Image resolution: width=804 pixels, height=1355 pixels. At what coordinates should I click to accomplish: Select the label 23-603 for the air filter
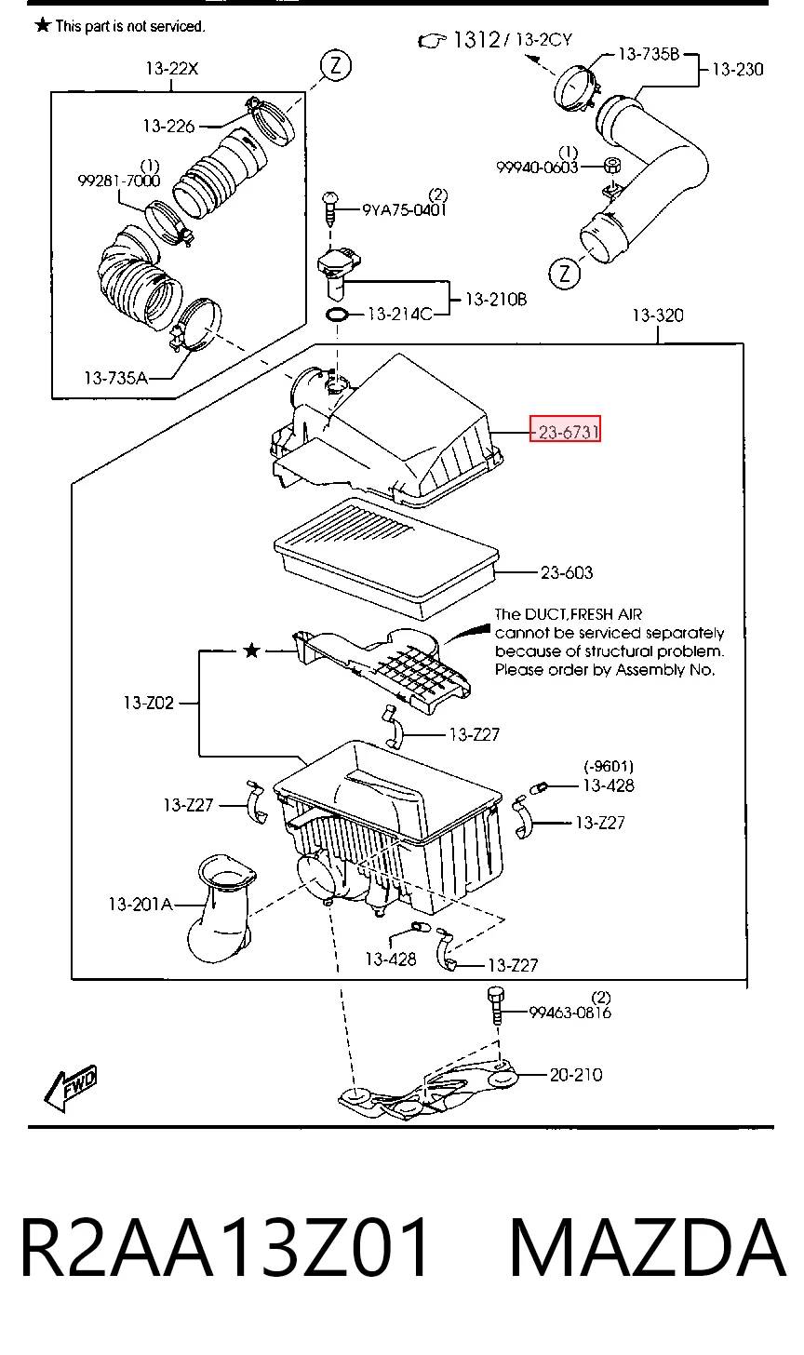pos(567,572)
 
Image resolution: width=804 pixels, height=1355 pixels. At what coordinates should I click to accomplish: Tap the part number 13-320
pos(658,315)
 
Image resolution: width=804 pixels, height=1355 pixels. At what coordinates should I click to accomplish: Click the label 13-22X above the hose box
pos(172,68)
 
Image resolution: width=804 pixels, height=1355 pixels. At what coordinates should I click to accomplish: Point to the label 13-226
pos(168,126)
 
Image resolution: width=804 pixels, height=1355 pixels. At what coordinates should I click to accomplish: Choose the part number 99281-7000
pos(118,181)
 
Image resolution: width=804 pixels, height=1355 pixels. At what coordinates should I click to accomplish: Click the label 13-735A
pos(115,378)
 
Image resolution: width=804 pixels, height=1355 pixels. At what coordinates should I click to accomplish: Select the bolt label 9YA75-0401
pos(404,209)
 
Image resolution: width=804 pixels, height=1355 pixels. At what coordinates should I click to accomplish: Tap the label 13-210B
pos(496,299)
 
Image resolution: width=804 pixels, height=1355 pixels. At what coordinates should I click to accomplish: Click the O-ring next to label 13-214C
pos(337,315)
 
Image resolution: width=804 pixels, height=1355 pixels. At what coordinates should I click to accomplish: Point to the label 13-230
pos(737,69)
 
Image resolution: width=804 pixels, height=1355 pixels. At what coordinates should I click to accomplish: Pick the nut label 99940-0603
pos(537,167)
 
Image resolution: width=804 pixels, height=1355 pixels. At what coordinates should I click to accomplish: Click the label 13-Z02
pos(148,703)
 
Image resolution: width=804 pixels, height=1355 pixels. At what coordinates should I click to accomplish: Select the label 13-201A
pos(141,904)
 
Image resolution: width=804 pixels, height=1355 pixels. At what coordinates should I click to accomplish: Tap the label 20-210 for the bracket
pos(576,1074)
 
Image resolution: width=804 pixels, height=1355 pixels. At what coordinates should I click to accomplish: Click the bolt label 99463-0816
pos(569,1012)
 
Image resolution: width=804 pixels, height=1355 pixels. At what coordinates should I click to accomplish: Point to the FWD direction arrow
pos(70,1087)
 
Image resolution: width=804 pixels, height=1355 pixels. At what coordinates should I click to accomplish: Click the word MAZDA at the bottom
pos(648,1246)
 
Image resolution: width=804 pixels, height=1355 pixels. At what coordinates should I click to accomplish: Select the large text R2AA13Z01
pos(225,1246)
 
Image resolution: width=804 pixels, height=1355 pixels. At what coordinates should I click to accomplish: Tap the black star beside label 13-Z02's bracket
pos(251,651)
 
